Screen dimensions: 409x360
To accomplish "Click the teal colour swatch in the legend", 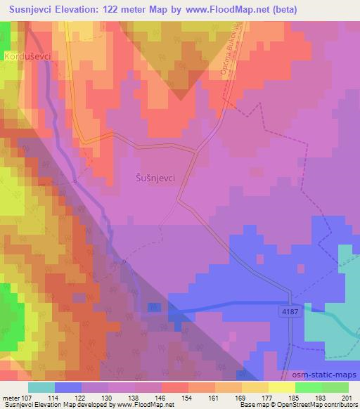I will point(41,387).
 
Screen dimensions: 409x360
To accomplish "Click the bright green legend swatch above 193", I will point(309,387).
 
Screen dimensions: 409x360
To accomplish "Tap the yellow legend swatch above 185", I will point(282,387).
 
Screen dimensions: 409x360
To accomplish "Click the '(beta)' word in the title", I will point(279,9).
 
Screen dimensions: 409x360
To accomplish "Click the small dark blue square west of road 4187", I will point(154,307).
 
